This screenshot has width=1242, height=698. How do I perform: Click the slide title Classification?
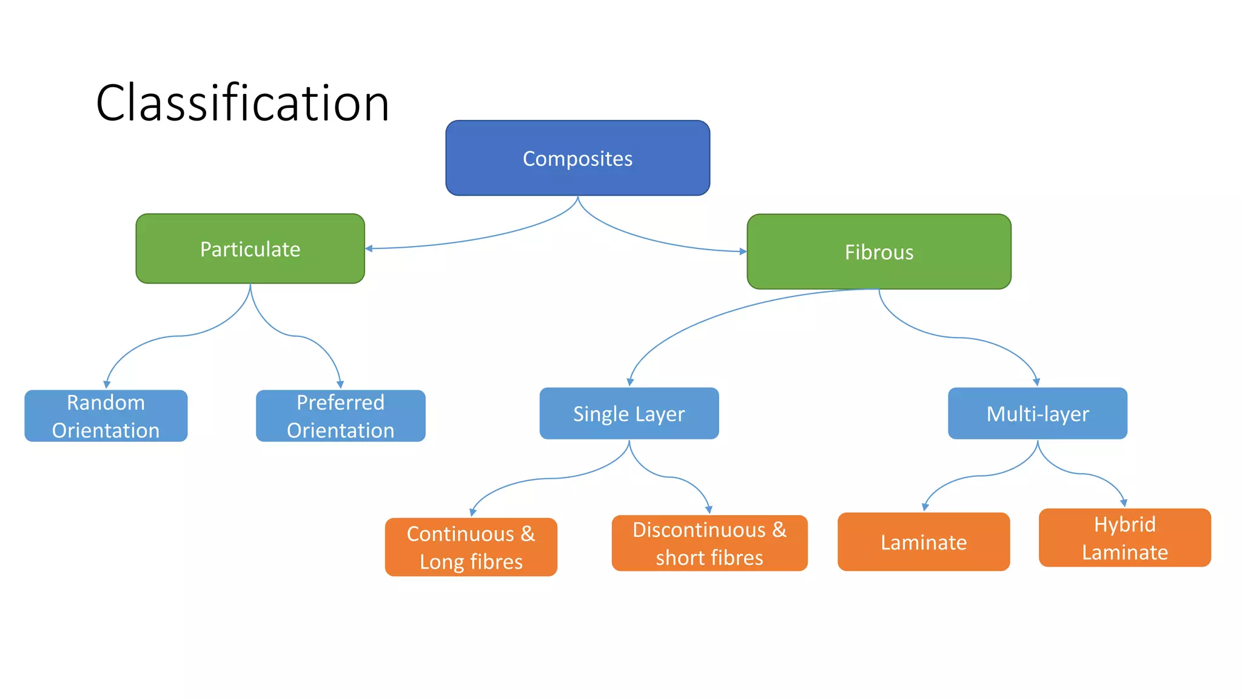coord(243,103)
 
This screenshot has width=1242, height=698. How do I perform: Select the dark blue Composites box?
coord(577,158)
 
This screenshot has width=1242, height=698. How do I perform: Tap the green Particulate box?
coord(250,248)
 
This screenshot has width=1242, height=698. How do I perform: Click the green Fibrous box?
coord(879,251)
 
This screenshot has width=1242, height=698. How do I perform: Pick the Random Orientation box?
coord(106,416)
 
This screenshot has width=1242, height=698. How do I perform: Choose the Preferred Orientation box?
coord(340,416)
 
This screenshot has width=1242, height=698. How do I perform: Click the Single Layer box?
coord(629,413)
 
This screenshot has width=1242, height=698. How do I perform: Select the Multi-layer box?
coord(1037,413)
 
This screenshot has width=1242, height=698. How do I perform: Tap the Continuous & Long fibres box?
coord(471,547)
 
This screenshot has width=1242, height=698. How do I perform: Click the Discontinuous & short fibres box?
coord(709,543)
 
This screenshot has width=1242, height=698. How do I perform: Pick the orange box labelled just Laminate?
coord(923,542)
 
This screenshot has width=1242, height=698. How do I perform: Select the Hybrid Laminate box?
coord(1124,537)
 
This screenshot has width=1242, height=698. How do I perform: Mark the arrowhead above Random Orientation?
coord(107,384)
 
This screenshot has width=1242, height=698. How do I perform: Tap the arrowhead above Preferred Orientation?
coord(340,384)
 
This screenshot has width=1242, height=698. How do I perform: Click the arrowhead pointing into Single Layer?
coord(630,382)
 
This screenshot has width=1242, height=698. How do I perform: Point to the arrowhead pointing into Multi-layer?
coord(1036,382)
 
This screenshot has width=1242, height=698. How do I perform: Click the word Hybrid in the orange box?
coord(1124,524)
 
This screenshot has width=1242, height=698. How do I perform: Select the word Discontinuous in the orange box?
coord(699,530)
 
